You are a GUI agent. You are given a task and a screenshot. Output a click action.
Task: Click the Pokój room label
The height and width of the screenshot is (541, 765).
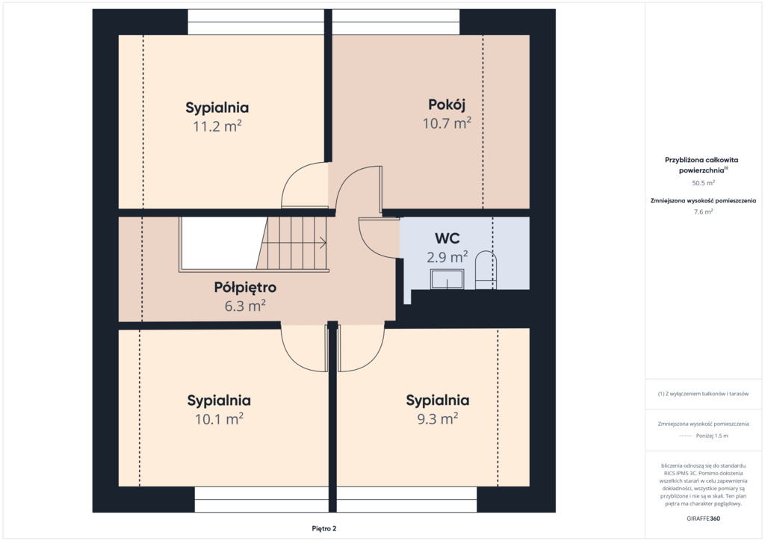click(447, 105)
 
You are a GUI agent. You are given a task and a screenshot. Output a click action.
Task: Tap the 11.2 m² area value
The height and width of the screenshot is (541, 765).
click(217, 126)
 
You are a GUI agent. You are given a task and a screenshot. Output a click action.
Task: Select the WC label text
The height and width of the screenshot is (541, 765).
click(447, 238)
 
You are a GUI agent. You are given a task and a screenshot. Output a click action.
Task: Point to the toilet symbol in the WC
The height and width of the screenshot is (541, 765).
click(486, 270)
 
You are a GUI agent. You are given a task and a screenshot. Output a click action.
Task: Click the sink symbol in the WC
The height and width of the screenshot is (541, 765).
click(447, 279)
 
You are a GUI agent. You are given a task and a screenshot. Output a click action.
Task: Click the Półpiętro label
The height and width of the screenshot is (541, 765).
click(245, 288)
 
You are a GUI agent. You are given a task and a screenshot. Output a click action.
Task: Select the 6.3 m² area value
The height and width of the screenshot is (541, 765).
click(245, 306)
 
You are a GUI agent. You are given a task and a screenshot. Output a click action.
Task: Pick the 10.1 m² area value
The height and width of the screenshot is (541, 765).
click(219, 419)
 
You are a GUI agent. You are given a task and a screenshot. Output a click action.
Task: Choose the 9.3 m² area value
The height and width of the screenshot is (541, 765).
click(438, 418)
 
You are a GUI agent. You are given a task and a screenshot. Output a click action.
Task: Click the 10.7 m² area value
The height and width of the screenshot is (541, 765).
click(447, 123)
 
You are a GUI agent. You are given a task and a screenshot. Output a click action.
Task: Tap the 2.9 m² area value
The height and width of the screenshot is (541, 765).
click(447, 256)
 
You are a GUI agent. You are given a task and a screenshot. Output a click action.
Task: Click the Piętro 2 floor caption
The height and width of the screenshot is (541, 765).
click(324, 528)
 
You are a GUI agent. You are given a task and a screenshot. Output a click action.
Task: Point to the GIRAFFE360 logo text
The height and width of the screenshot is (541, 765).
click(703, 519)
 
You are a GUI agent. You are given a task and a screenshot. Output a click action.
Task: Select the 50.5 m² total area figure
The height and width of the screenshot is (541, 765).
click(703, 183)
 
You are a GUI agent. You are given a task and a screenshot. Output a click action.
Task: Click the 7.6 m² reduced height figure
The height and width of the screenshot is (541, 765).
click(703, 211)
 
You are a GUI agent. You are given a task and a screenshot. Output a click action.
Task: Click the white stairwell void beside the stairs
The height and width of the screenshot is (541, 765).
click(220, 243)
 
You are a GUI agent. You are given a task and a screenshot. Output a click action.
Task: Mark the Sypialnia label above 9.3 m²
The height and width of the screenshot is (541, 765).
click(438, 401)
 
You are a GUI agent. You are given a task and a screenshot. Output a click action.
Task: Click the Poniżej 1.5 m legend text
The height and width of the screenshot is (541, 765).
click(712, 436)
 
